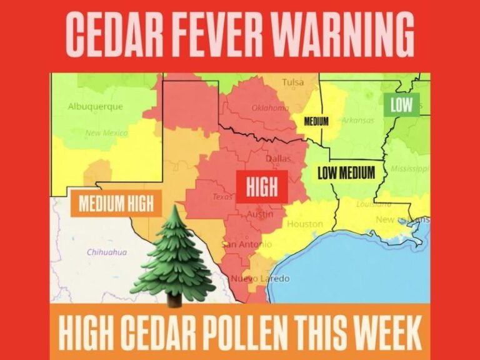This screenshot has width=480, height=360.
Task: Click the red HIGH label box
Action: click(x=262, y=186)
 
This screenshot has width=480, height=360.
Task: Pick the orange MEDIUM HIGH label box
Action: click(x=116, y=203)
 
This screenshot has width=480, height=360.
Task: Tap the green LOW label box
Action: click(x=401, y=104)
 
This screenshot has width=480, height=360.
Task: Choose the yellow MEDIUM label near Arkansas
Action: click(x=316, y=121)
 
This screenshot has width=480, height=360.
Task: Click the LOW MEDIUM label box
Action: click(x=346, y=172)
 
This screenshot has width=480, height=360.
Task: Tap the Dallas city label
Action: click(x=278, y=159)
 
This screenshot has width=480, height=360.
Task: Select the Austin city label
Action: click(x=260, y=214)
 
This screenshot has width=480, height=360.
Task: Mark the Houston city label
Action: click(x=306, y=224)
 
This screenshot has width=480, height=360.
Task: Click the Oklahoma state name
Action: click(x=270, y=107)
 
